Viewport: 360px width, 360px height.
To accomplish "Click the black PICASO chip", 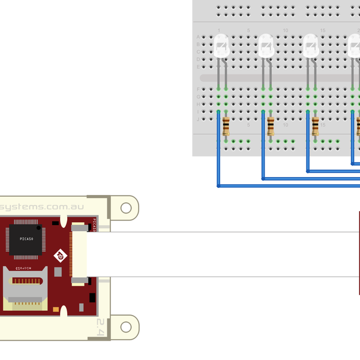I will click(x=22, y=239).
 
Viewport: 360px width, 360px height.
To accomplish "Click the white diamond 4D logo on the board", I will click(x=60, y=256).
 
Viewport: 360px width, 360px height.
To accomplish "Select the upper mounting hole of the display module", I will click(x=125, y=208).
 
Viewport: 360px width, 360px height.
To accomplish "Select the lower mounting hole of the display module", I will click(x=125, y=327).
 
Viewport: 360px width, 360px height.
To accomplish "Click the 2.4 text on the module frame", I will click(x=101, y=327).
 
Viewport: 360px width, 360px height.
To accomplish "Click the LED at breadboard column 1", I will click(x=221, y=46).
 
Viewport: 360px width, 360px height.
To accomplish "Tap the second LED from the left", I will click(x=266, y=46).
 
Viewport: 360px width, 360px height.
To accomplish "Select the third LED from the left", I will click(x=311, y=46).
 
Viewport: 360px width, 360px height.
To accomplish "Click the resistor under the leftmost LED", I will click(x=226, y=127).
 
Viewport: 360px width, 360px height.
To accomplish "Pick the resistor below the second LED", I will click(x=271, y=127).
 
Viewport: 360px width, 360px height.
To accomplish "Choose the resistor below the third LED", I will click(x=316, y=127).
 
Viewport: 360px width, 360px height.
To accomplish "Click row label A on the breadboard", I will click(x=198, y=37).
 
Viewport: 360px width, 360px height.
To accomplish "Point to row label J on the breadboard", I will click(x=198, y=119).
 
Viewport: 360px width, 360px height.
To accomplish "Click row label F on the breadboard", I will click(x=198, y=89).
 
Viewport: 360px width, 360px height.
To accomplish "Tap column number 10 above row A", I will click(x=286, y=30).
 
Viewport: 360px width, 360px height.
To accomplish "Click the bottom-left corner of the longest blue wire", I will click(x=219, y=186).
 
